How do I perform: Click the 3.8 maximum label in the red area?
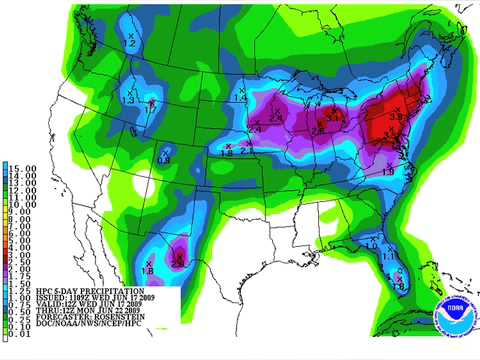pos(395,118)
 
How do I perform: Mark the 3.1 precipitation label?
pos(336,118)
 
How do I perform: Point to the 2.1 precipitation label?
pos(245,151)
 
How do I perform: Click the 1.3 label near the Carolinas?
pos(389,173)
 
